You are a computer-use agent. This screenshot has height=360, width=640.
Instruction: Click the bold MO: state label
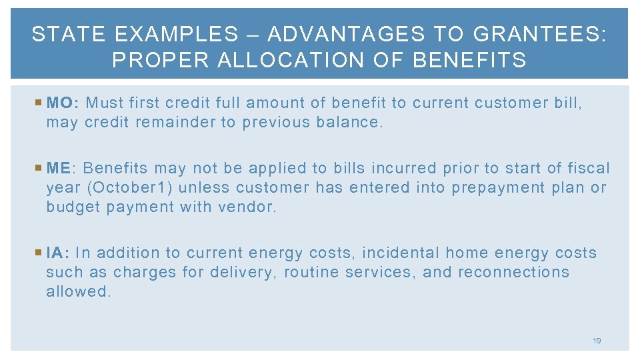point(63,103)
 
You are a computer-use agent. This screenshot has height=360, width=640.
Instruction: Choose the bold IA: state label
point(58,253)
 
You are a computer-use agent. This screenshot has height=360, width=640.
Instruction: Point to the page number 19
point(597,341)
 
